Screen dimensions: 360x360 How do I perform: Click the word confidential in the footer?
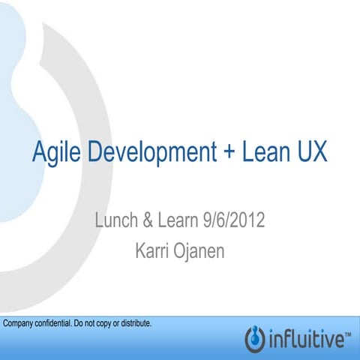tap(55, 324)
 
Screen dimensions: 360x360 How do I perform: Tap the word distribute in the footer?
tap(135, 324)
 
